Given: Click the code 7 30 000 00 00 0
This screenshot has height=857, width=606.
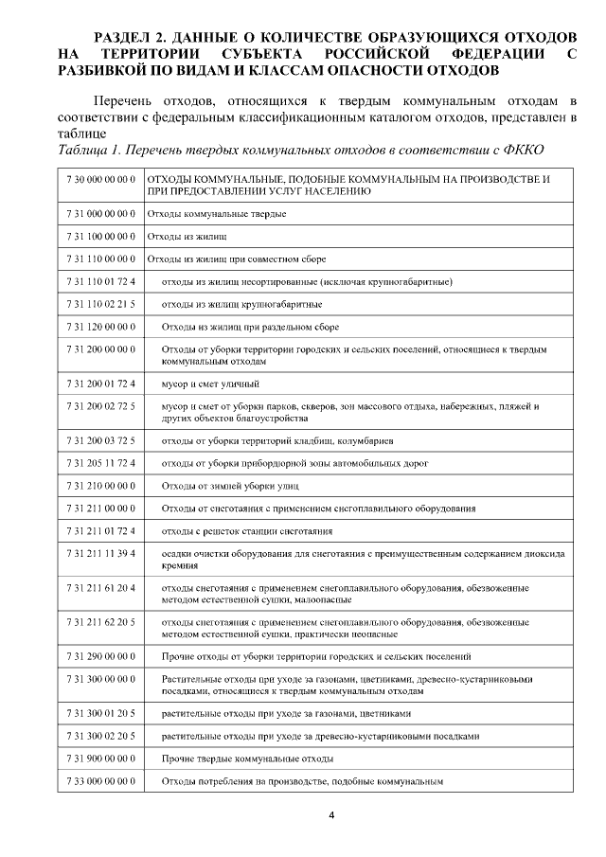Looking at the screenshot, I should (x=101, y=179).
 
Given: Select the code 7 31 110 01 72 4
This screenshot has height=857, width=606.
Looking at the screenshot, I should (x=101, y=282).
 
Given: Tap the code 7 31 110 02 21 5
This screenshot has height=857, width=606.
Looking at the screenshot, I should (x=101, y=304).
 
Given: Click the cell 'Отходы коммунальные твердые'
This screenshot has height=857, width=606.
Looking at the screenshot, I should (x=217, y=215).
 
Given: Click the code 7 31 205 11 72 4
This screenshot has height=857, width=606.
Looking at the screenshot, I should (x=101, y=464).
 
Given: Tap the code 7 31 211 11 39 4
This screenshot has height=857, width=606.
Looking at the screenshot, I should (x=101, y=554).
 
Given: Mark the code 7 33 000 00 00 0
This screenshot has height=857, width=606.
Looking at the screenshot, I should (x=101, y=782).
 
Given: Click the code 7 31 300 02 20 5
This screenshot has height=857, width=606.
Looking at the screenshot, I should (x=101, y=736).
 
